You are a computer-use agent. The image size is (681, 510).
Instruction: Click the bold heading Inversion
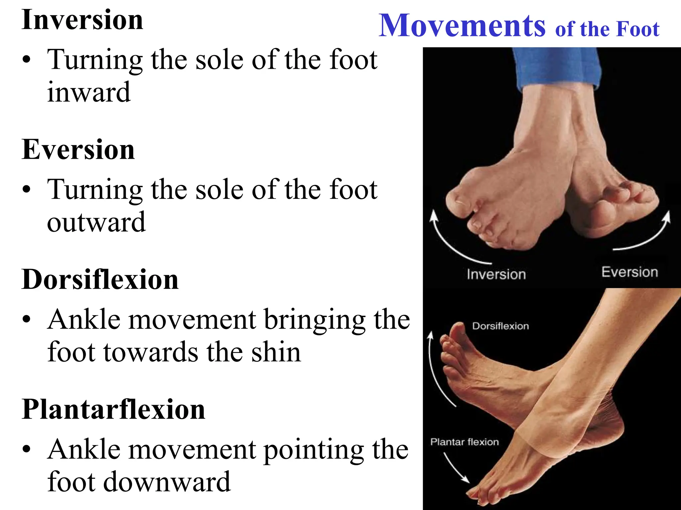pyautogui.click(x=82, y=20)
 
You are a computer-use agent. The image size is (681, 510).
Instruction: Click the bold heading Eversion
pyautogui.click(x=78, y=150)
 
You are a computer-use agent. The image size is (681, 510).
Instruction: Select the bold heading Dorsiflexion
pyautogui.click(x=100, y=280)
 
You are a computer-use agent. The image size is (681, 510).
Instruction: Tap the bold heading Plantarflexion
pyautogui.click(x=113, y=409)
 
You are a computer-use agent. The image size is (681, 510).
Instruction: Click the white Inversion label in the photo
pyautogui.click(x=496, y=275)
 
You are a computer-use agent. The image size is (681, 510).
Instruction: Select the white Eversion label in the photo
pyautogui.click(x=629, y=272)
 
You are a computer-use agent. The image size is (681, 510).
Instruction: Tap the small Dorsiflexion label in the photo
pyautogui.click(x=500, y=326)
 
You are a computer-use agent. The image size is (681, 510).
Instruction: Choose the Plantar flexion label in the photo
pyautogui.click(x=465, y=442)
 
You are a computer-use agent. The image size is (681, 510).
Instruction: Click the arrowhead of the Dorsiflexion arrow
pyautogui.click(x=431, y=335)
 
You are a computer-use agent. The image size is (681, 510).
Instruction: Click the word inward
pyautogui.click(x=89, y=92)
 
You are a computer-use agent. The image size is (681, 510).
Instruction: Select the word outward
pyautogui.click(x=96, y=222)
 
